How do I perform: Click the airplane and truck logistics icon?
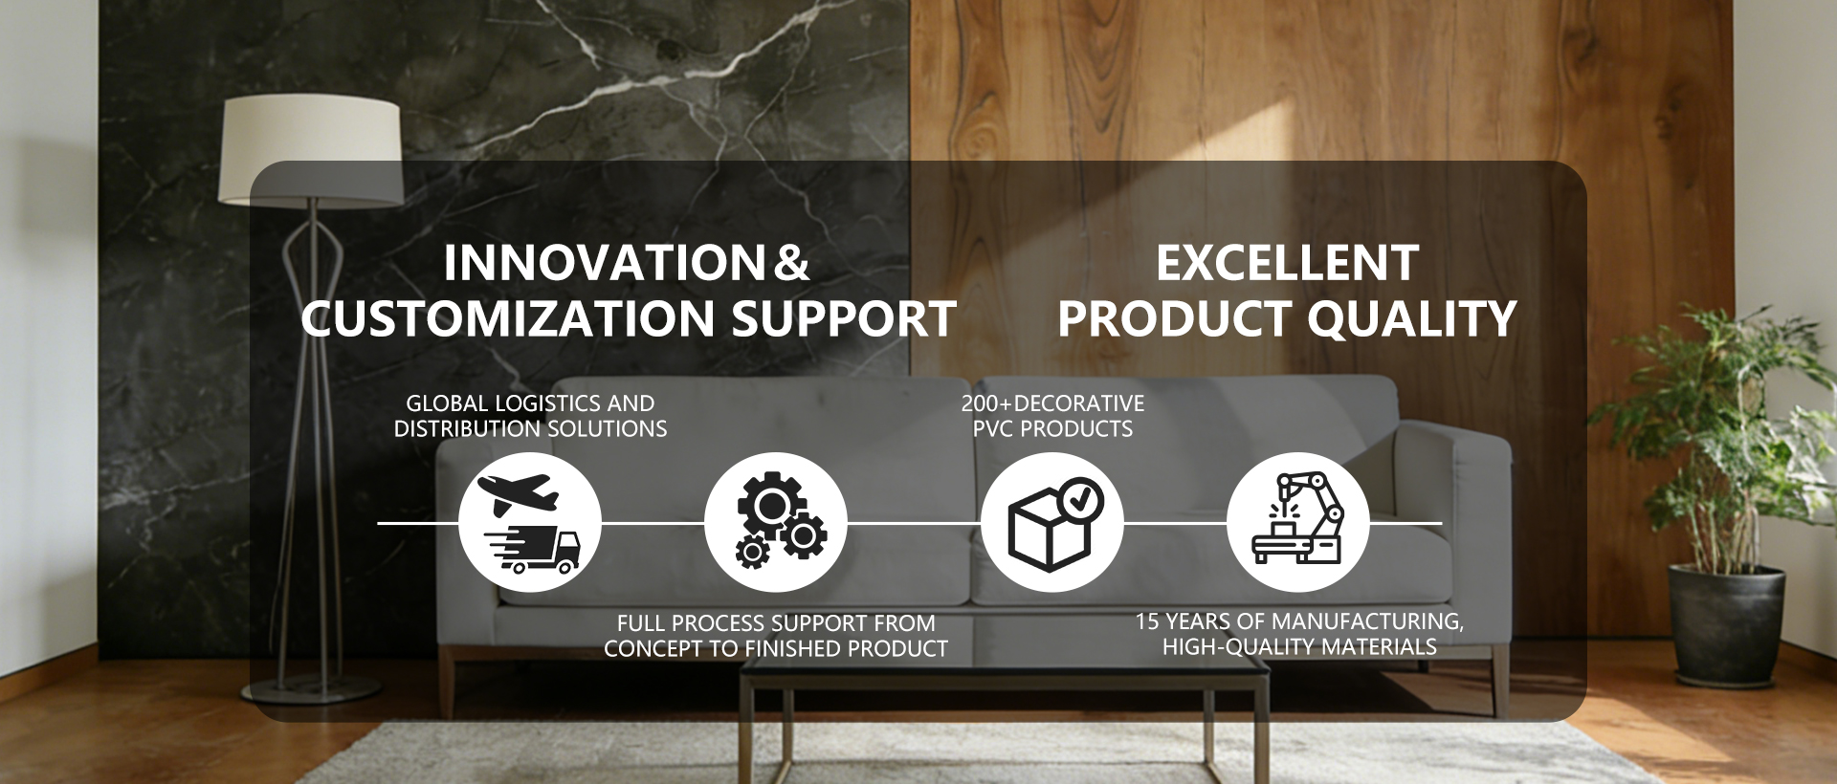[x=530, y=523]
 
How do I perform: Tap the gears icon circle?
[x=776, y=523]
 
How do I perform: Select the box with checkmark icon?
[x=1051, y=523]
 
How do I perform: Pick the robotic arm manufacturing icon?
[x=1297, y=523]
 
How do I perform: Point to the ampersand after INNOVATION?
[x=791, y=264]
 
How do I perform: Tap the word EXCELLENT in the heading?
[x=1287, y=264]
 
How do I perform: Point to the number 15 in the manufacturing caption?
[x=1147, y=621]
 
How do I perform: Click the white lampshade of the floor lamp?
[x=311, y=150]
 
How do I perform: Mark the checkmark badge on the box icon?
[x=1081, y=498]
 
